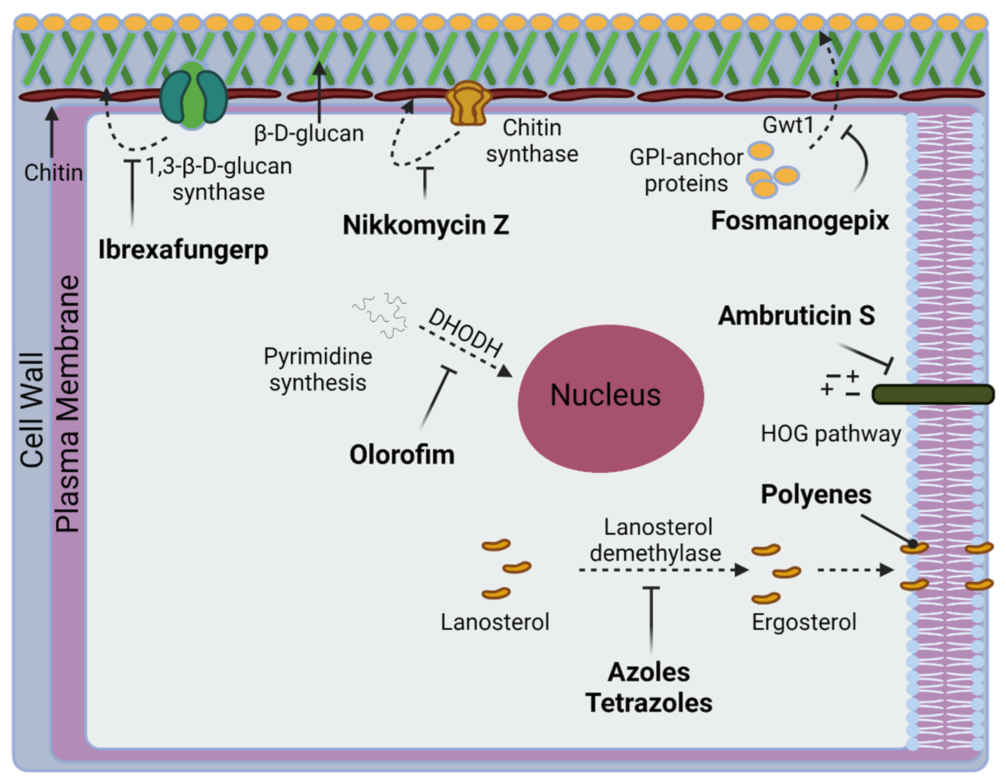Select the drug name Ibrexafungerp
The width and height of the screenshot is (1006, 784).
(x=183, y=250)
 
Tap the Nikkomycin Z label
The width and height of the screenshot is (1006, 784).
(x=425, y=225)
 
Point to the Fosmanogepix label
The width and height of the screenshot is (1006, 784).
(x=799, y=221)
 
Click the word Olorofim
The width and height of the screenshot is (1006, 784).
(x=402, y=455)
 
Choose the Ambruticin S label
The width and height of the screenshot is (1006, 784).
(x=796, y=315)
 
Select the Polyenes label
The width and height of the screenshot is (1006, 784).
(x=816, y=494)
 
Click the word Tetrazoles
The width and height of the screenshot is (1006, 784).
(x=649, y=703)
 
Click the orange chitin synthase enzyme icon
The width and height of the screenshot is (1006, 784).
(x=468, y=103)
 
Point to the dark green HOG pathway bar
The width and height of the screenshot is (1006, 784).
(x=933, y=394)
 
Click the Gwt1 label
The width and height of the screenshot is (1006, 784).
(x=788, y=125)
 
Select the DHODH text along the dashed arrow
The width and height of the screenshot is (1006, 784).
(x=465, y=332)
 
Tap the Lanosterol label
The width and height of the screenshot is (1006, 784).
(x=495, y=622)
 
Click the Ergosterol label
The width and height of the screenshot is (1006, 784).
(x=804, y=622)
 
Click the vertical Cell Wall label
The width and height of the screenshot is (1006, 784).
(x=32, y=410)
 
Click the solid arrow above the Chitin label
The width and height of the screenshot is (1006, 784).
(x=52, y=131)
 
